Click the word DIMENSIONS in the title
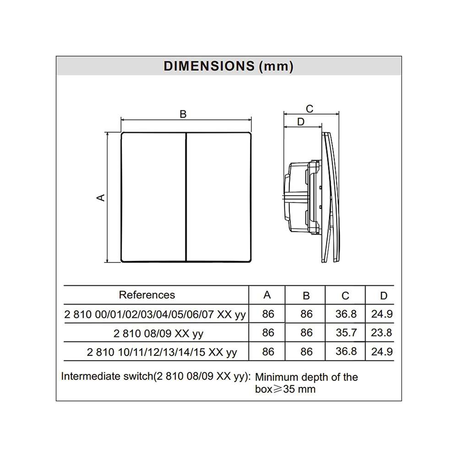(x=209, y=66)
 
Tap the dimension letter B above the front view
(x=183, y=114)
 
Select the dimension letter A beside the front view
(x=100, y=198)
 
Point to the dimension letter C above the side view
(x=309, y=109)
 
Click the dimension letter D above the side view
(x=300, y=121)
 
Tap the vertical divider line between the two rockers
(x=186, y=197)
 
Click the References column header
(x=147, y=294)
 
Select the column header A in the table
(x=267, y=295)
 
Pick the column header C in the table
(x=345, y=296)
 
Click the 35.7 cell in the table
(x=346, y=333)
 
